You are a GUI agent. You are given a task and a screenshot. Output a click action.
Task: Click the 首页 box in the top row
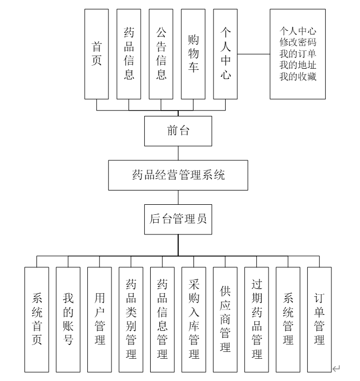97,54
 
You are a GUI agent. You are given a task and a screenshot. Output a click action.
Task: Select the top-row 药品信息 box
129,54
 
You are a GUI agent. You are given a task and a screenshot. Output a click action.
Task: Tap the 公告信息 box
161,54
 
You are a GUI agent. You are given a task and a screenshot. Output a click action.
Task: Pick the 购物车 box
193,54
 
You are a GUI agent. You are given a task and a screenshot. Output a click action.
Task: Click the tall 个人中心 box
226,54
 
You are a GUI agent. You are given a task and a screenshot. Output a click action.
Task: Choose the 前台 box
178,132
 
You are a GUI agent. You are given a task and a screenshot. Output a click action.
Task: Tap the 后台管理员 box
179,219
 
